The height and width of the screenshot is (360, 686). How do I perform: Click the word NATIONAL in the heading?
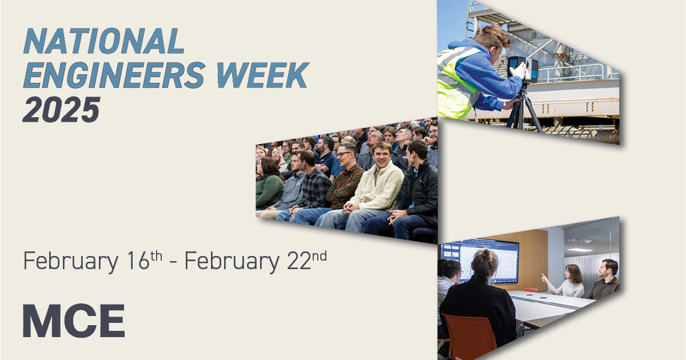pyautogui.click(x=104, y=41)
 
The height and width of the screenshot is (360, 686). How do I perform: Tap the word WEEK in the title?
pyautogui.click(x=263, y=75)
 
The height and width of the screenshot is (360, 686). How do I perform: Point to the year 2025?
pyautogui.click(x=61, y=110)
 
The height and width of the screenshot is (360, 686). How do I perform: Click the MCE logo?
pyautogui.click(x=74, y=321)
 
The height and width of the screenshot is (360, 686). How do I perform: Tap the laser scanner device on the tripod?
pyautogui.click(x=523, y=69)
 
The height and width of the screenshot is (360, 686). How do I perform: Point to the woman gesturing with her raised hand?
pyautogui.click(x=567, y=282)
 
